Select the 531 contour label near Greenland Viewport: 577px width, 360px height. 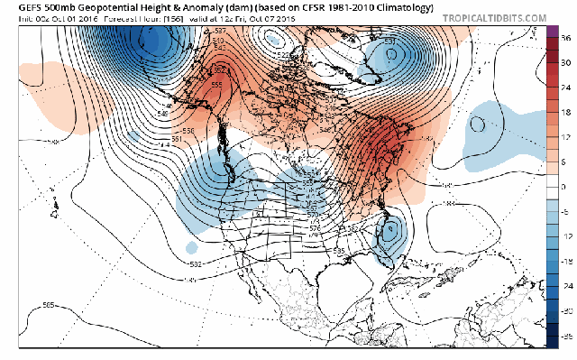coord(390,41)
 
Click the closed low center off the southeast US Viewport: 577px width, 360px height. coord(389,232)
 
